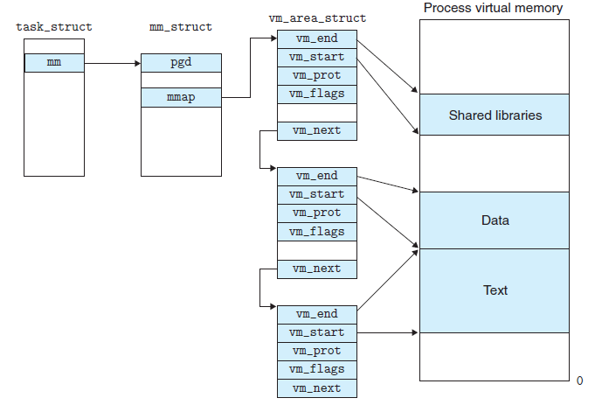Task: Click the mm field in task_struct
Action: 54,63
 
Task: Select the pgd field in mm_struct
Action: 181,63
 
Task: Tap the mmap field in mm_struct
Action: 181,97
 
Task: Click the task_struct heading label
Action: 54,27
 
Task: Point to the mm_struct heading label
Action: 181,27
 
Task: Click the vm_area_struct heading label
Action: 316,18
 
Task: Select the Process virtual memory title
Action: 494,9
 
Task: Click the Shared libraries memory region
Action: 495,115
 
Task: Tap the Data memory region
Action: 495,220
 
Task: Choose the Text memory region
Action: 495,290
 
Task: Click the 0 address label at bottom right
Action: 580,381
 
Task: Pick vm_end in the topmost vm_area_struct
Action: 316,38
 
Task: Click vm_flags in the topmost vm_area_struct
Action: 316,94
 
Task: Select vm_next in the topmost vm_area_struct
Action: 316,130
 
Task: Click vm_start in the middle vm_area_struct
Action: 316,194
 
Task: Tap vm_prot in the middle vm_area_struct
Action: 316,213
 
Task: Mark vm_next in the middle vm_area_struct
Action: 316,269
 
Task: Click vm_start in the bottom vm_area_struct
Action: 316,332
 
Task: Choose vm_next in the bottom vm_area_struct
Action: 316,388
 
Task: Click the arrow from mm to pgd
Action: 114,63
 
